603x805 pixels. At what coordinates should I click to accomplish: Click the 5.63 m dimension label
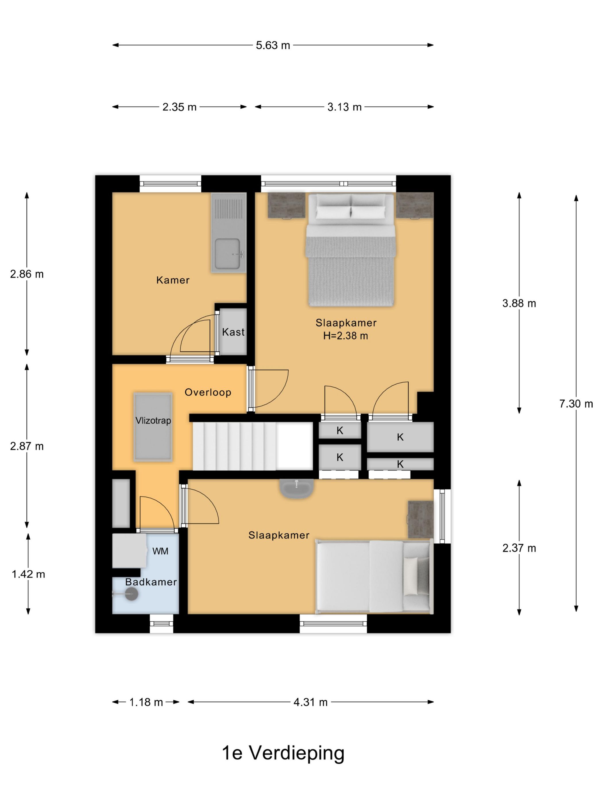[272, 45]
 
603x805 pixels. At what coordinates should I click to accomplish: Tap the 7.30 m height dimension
[576, 404]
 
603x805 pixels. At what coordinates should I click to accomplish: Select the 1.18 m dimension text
[146, 702]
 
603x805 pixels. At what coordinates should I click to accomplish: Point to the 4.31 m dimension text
[310, 702]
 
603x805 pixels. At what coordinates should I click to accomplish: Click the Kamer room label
[173, 280]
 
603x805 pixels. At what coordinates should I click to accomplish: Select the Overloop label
[208, 392]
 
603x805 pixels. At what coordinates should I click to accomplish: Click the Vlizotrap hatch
[153, 427]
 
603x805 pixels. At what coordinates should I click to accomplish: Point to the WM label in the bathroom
[160, 551]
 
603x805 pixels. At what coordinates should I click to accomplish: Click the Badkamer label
[151, 582]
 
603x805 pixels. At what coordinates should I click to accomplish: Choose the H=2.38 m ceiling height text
[345, 336]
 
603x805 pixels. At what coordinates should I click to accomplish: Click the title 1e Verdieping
[283, 753]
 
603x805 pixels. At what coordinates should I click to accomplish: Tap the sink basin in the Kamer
[227, 254]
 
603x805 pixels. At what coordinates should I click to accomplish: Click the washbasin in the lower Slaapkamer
[297, 488]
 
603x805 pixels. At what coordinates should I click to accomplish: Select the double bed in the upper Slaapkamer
[351, 250]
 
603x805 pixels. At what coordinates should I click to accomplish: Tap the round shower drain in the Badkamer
[131, 594]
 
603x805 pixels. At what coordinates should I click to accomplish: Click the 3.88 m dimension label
[519, 303]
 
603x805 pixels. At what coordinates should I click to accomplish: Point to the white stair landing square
[294, 446]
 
